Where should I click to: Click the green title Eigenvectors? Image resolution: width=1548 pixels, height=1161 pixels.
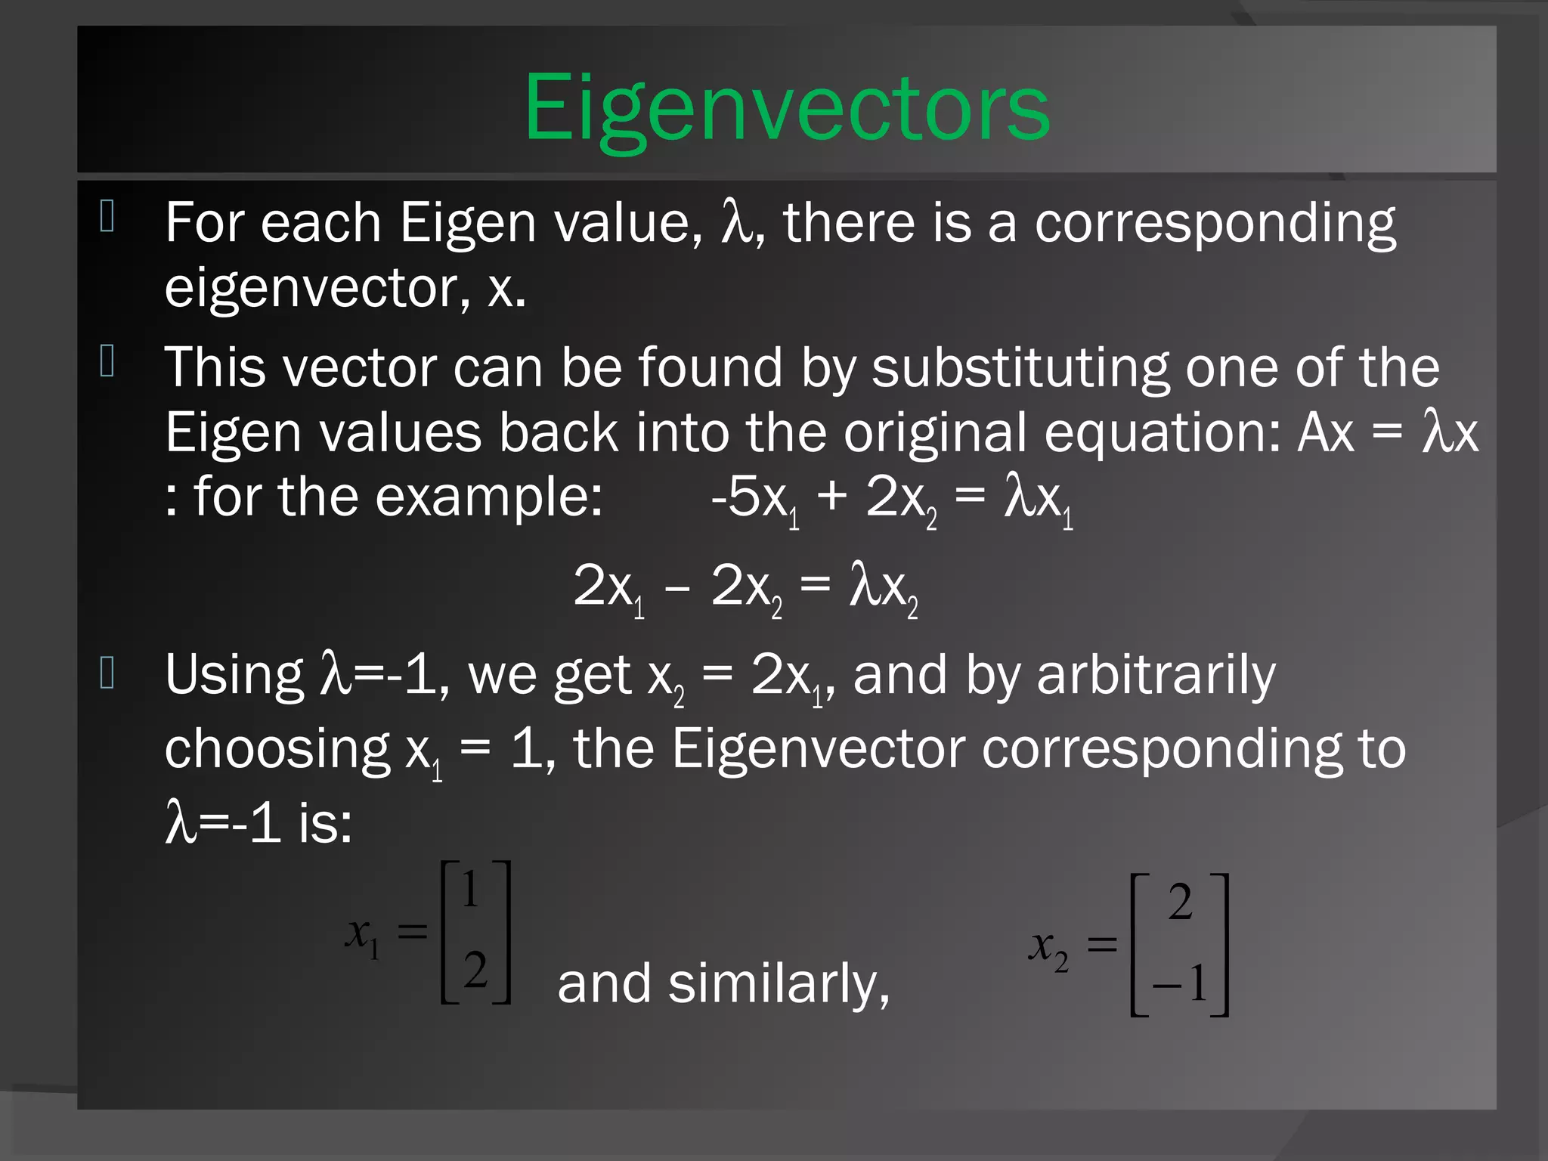(787, 107)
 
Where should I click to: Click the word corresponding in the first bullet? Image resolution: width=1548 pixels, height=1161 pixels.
(1215, 224)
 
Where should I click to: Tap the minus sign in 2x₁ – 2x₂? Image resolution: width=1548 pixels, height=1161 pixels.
(676, 587)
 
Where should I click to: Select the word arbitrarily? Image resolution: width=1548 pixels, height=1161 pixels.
(1156, 675)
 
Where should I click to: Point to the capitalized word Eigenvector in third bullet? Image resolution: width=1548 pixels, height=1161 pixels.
(819, 748)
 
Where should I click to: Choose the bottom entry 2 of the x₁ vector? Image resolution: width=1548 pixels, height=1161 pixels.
(475, 970)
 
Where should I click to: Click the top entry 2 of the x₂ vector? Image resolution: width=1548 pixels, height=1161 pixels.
(1180, 902)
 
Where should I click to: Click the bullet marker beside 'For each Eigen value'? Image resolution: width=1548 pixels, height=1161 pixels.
(107, 216)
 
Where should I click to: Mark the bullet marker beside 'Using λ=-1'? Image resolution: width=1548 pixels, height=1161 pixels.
(107, 673)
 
